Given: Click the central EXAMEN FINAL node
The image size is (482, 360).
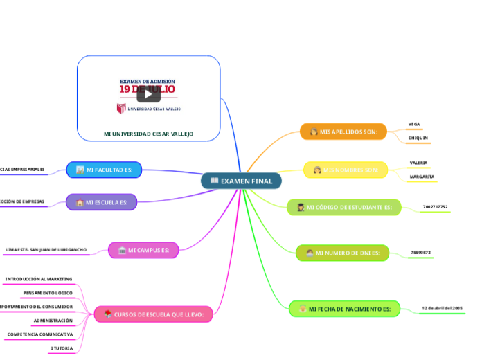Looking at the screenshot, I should (x=241, y=181).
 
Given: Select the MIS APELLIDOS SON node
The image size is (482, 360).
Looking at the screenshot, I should (x=343, y=131).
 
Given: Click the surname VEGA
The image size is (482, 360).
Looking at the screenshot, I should (x=414, y=124).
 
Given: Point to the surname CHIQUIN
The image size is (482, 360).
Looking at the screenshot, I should (x=418, y=138).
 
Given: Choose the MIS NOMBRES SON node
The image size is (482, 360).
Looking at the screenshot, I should (x=346, y=170).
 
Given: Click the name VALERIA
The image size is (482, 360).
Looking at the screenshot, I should (x=418, y=163).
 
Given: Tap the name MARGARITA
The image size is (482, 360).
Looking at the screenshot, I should (x=422, y=177).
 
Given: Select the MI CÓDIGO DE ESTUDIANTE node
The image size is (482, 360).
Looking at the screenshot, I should (x=343, y=207).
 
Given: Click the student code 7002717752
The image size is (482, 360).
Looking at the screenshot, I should (x=435, y=206).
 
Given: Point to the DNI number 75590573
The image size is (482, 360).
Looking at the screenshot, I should (x=420, y=252).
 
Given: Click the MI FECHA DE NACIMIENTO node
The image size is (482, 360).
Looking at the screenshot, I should (x=343, y=308).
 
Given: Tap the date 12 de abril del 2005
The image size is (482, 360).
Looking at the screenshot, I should (x=442, y=307).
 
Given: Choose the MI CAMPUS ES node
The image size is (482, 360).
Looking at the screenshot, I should (x=143, y=250).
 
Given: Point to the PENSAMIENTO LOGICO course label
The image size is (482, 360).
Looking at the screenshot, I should (x=48, y=293).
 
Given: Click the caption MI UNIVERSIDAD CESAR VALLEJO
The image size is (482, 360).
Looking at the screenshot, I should (x=148, y=134).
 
